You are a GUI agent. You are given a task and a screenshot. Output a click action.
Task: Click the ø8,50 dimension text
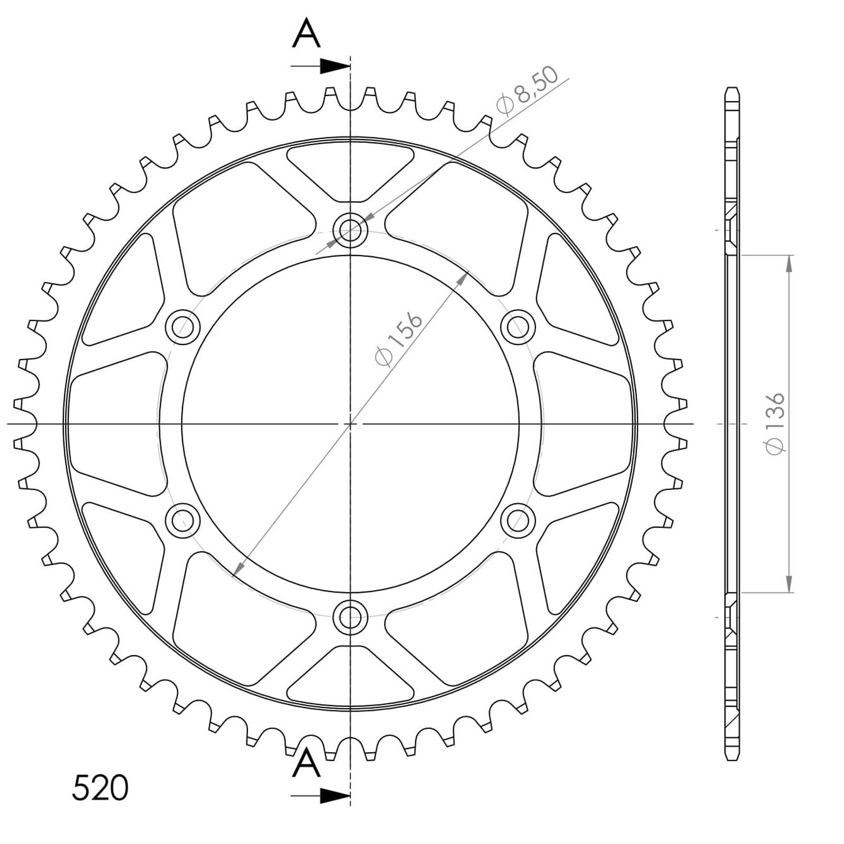(x=527, y=92)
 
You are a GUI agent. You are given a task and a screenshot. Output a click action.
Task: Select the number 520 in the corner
(x=100, y=788)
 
